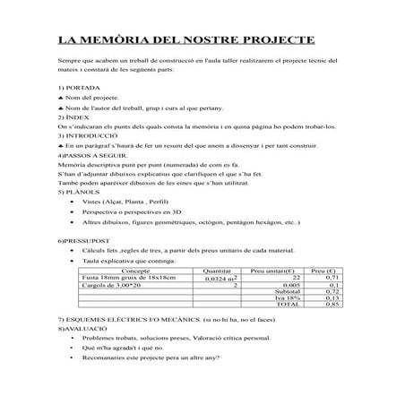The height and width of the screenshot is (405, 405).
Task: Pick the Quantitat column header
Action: point(217,269)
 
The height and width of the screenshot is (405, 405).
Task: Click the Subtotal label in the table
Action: point(287,291)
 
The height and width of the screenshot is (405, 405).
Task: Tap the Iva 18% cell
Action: point(288,297)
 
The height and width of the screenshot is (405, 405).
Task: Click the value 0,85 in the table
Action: point(331,305)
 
